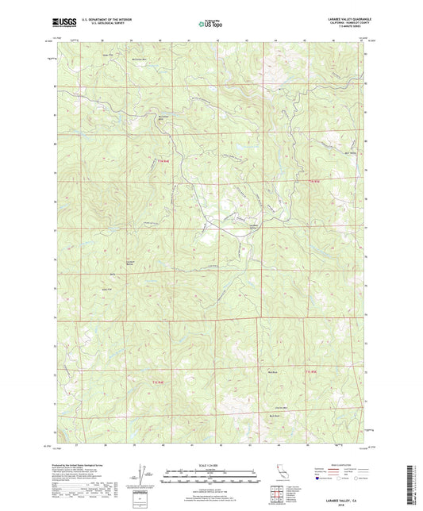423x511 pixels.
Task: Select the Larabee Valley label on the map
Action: point(235,228)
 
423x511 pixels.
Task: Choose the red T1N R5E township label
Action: point(314,181)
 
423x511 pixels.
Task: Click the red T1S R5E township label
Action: point(310,371)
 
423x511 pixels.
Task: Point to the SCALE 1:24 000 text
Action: point(210,463)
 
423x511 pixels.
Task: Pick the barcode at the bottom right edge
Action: point(415,477)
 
